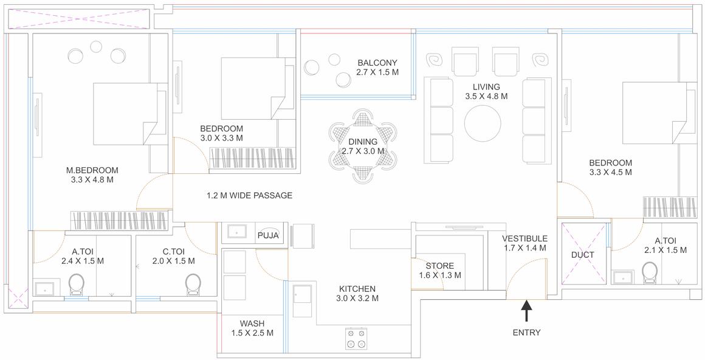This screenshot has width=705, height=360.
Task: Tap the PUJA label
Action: coord(268,235)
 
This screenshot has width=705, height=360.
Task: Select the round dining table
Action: coord(363,147)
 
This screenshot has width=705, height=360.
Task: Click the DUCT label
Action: coord(583,255)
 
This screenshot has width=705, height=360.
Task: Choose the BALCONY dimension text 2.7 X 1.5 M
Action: coord(377,72)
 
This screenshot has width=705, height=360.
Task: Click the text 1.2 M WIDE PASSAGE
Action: coord(249,196)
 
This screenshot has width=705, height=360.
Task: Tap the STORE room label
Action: coord(439,265)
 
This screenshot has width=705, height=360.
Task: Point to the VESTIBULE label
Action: coord(525,238)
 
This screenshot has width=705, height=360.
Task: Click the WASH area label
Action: coord(252,323)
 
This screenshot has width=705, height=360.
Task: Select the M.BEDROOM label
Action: coord(92,170)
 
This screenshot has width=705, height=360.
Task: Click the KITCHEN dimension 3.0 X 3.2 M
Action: coord(358,298)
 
